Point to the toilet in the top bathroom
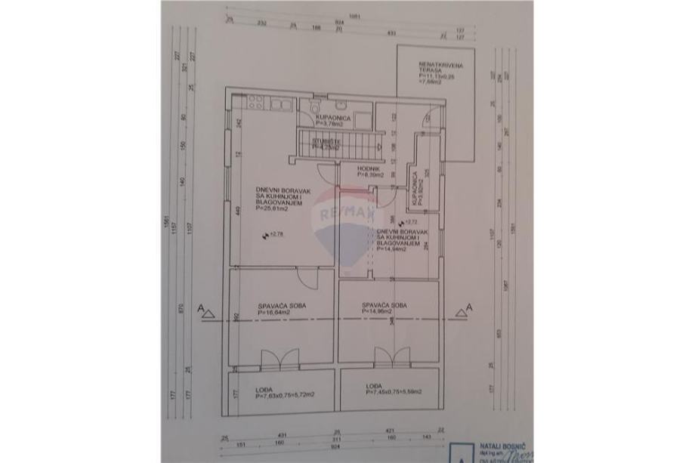tap(316, 110)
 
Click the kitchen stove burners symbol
tap(251, 101)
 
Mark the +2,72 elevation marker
tap(403, 221)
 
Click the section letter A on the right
tap(469, 307)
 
